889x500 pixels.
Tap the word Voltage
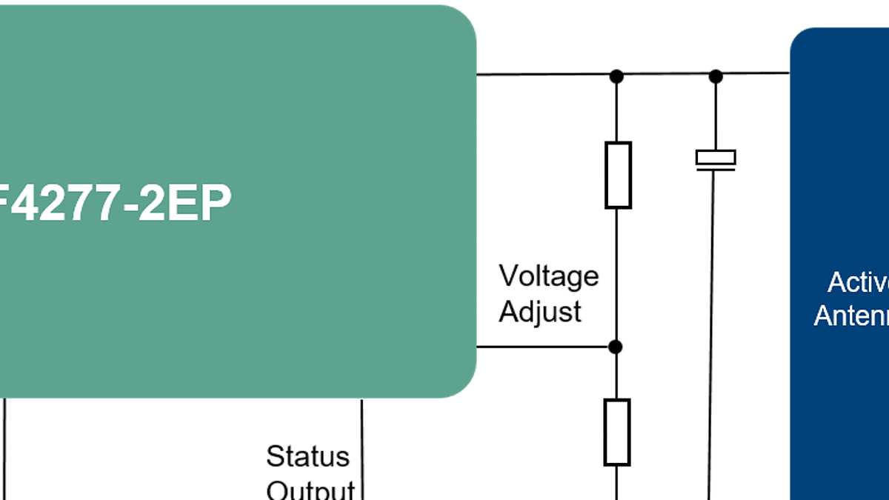pos(548,276)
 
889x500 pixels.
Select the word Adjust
pos(540,312)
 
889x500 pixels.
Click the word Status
pos(307,456)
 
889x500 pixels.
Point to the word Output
pos(310,489)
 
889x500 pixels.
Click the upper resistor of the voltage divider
pos(618,175)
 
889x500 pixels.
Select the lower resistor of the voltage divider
pos(616,432)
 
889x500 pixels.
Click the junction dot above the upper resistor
pos(616,76)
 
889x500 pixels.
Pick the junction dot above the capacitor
pos(716,76)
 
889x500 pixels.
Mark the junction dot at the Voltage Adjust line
pos(615,346)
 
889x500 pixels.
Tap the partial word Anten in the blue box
pos(851,316)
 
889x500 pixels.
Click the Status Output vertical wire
pos(362,444)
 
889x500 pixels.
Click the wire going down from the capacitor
pos(711,333)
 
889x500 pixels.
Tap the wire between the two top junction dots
pos(666,75)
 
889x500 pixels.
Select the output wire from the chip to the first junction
pos(545,74)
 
